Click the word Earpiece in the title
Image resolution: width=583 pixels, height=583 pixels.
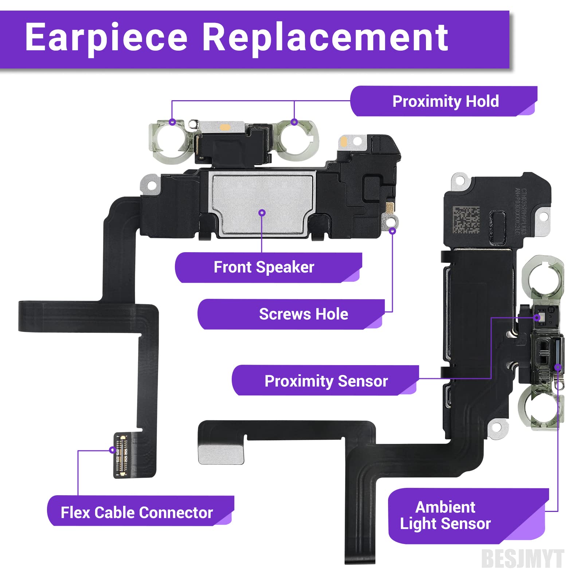point(106,38)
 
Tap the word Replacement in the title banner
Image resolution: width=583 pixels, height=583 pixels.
point(325,38)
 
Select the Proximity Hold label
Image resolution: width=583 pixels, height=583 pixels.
point(445,101)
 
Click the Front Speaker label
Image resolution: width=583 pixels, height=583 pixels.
point(264,267)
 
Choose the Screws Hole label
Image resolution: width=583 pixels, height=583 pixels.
point(303,314)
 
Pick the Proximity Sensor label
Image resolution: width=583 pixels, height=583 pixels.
point(326,381)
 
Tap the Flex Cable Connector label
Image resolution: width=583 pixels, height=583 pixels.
point(137,513)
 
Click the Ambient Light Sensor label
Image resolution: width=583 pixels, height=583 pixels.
point(445,515)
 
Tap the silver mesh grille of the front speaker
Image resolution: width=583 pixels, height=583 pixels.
point(262,204)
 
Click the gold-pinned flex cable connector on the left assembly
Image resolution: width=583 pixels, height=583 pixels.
point(121,455)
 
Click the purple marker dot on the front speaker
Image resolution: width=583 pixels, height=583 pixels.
point(262,213)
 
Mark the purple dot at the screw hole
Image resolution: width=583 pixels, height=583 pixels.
point(392,231)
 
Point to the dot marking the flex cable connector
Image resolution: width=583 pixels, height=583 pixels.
point(112,450)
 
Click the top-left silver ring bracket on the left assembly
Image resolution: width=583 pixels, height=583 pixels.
point(168,140)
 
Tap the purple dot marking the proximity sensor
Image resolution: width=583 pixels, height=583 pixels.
point(537,318)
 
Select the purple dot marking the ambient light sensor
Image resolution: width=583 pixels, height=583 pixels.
point(557,367)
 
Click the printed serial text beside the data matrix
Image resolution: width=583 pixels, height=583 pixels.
point(520,211)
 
